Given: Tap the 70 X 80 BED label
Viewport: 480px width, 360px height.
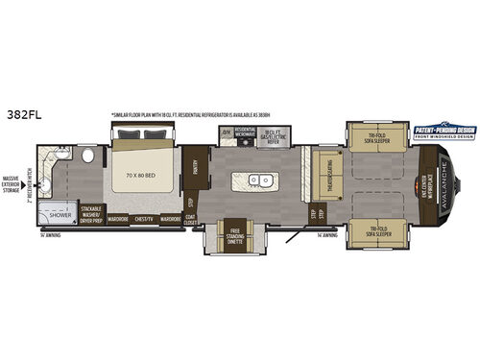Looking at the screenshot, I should click(x=144, y=178).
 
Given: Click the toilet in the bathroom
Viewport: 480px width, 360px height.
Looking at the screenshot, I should click(x=84, y=155).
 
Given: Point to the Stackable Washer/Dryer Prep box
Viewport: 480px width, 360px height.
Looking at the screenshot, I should click(x=91, y=217).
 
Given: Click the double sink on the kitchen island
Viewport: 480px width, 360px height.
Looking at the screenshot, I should click(x=259, y=180).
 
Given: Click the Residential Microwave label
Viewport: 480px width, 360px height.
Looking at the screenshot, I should click(x=246, y=132).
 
